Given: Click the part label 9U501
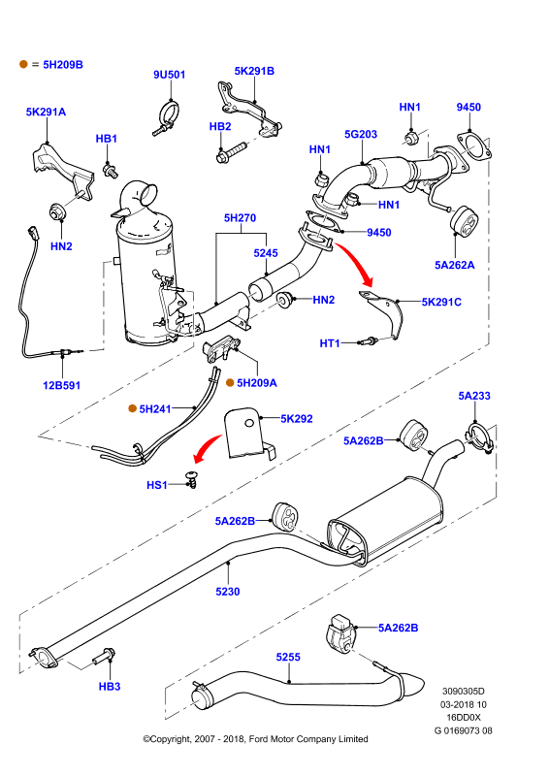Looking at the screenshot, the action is click(170, 75).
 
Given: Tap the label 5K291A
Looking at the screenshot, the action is click(46, 112).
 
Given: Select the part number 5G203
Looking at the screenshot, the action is click(361, 134).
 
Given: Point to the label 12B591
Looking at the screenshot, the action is click(62, 385).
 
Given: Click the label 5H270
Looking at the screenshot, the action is click(241, 217).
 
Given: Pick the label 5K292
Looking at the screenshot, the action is click(297, 419).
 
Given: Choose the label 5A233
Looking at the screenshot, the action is click(474, 396).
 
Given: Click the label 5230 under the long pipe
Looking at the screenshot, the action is click(228, 592).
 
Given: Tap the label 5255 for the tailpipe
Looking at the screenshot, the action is click(288, 657).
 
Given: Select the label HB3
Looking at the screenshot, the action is click(110, 687).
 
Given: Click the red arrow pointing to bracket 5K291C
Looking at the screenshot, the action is click(355, 262).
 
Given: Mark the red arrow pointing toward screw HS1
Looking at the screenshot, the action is click(206, 447).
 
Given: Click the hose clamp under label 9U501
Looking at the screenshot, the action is click(167, 117).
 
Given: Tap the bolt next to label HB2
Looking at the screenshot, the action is click(232, 152).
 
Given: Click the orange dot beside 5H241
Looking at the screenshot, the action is click(132, 408).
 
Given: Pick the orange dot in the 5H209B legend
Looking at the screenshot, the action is click(23, 64).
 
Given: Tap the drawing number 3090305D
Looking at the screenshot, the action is click(464, 692).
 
